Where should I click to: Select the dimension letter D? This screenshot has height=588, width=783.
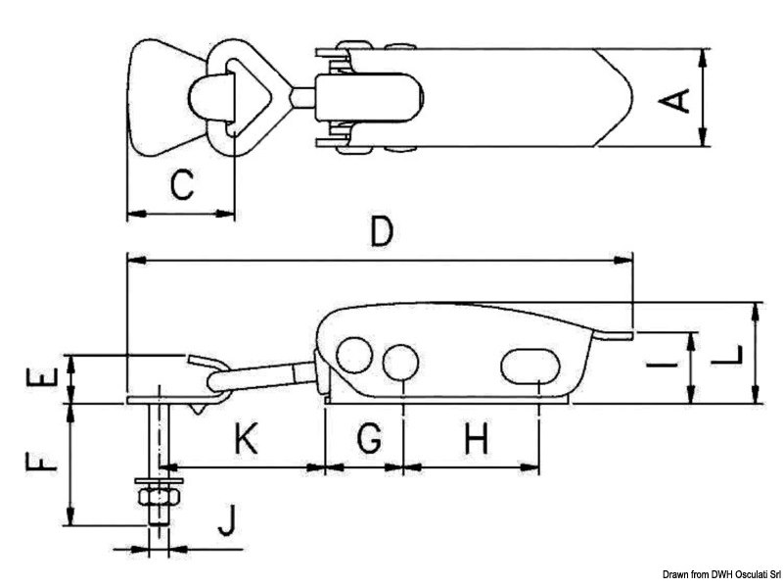coord(381,232)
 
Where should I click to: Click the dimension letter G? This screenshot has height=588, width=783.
coord(367,441)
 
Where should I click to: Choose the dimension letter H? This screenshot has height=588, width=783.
coord(476,441)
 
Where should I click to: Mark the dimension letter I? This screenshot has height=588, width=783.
coord(665,368)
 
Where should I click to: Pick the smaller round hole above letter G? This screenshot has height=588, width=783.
coord(399,362)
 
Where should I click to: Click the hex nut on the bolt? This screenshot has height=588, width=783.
coord(157,497)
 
